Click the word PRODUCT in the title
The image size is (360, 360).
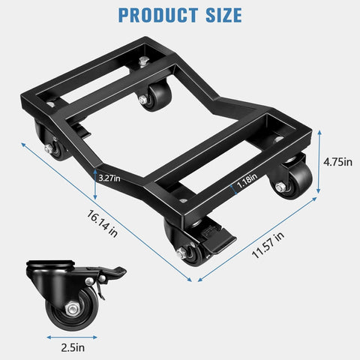(154, 14)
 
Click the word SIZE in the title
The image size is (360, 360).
(220, 14)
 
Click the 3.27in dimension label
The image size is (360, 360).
(109, 178)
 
